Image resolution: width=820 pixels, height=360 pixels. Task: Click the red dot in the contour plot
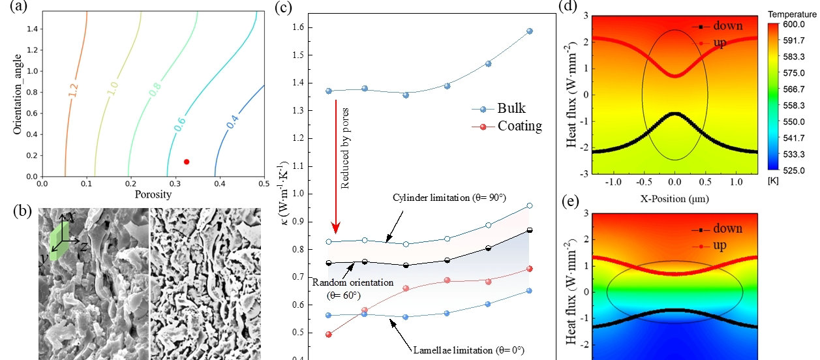click(187, 162)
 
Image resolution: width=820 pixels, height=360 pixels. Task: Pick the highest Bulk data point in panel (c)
click(530, 31)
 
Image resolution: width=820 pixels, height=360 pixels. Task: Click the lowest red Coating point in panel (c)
click(329, 335)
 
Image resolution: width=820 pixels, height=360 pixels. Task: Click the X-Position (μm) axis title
click(675, 197)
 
